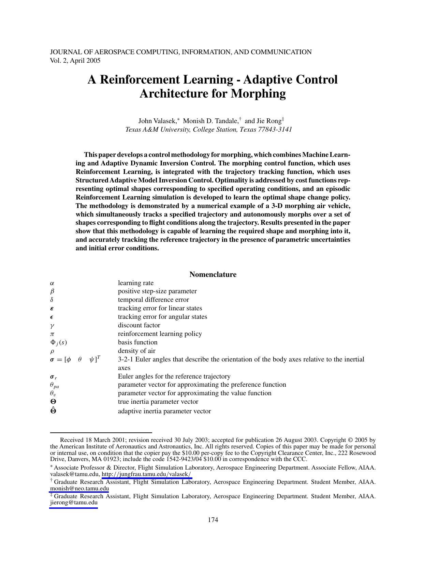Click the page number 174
(213, 520)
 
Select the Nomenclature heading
(213, 275)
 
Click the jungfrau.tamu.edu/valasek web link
(147, 474)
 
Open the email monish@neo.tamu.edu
(79, 488)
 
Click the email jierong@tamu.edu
(74, 502)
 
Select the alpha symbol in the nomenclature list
(52, 283)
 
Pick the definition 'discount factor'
(139, 325)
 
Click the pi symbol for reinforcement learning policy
(52, 334)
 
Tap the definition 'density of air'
(136, 351)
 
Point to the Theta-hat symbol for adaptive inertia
(53, 411)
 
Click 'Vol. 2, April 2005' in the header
(75, 61)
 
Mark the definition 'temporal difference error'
(153, 300)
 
